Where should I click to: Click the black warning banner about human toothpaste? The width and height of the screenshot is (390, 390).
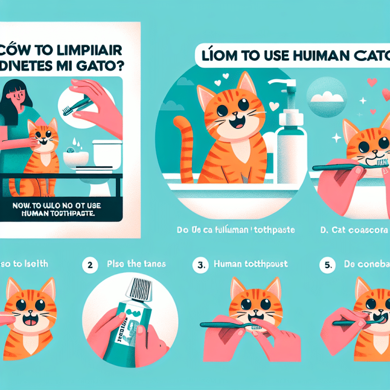pyautogui.click(x=63, y=210)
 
